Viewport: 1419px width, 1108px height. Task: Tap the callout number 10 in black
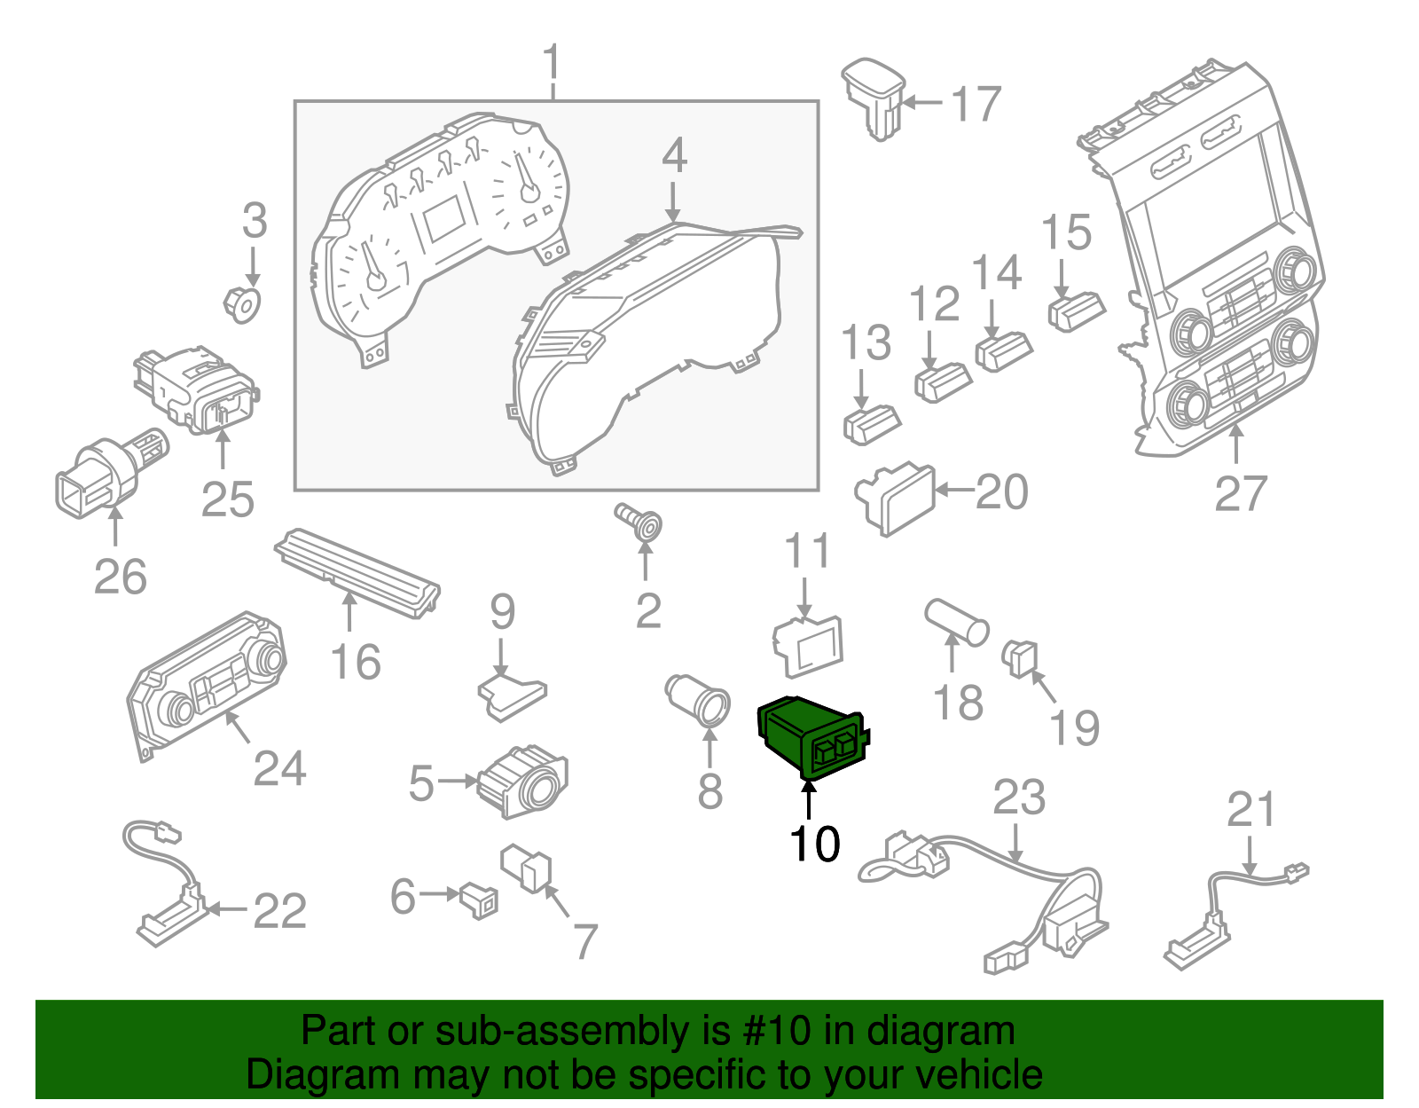point(814,844)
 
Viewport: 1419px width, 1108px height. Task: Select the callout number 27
point(1240,494)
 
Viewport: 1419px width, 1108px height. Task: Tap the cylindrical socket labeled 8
point(698,699)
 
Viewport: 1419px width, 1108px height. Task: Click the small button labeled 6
point(480,900)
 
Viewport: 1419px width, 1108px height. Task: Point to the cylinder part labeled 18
point(956,621)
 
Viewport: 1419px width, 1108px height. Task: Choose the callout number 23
point(1019,798)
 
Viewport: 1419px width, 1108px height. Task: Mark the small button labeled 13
point(870,423)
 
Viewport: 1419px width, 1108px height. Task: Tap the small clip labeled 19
point(1021,658)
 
